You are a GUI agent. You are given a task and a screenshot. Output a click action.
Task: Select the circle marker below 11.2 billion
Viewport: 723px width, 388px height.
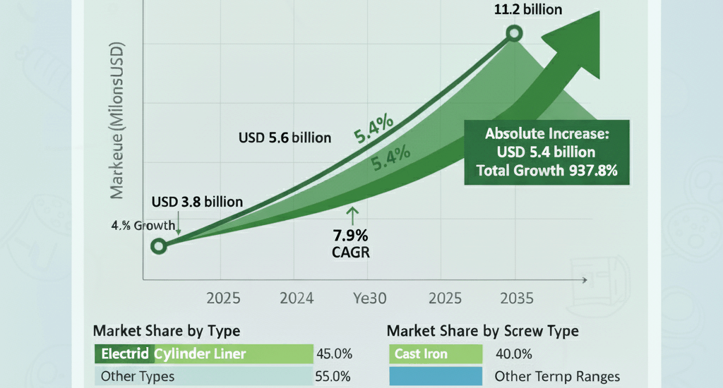click(515, 33)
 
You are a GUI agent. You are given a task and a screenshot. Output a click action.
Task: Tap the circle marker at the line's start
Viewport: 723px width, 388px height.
click(159, 245)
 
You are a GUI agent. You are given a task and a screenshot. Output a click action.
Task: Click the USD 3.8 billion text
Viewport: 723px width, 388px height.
click(197, 202)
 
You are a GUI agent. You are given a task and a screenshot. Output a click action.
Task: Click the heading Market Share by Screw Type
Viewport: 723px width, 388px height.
click(483, 331)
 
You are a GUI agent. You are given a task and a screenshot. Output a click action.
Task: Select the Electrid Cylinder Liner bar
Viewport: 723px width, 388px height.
click(203, 353)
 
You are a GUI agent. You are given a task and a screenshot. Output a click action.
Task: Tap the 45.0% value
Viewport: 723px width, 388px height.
click(335, 353)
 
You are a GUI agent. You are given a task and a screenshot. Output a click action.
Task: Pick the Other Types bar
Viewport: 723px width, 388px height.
click(203, 377)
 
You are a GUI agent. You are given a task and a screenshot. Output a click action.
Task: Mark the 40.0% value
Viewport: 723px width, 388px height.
click(514, 353)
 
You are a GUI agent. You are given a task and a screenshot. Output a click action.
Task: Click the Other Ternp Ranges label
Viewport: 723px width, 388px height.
click(557, 377)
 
